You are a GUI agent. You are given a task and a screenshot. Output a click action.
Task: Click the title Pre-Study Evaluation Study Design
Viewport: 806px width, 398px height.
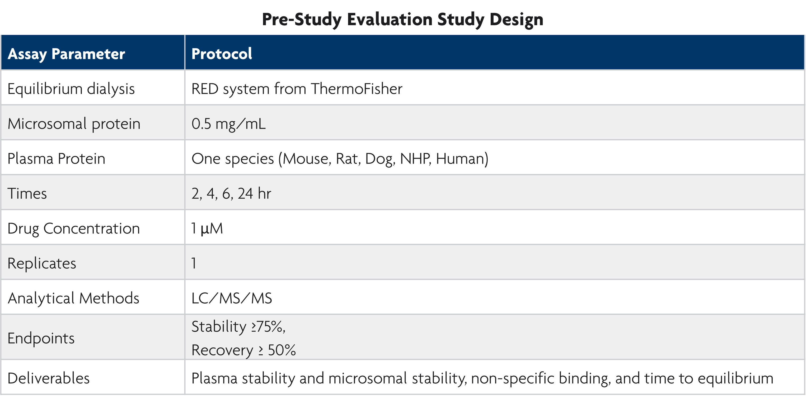tap(402, 19)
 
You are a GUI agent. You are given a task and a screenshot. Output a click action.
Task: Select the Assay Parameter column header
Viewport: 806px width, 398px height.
tap(66, 54)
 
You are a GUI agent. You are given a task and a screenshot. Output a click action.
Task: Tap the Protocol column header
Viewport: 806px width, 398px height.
tap(222, 54)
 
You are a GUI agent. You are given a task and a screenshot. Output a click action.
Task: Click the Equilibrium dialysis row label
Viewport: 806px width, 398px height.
tap(71, 89)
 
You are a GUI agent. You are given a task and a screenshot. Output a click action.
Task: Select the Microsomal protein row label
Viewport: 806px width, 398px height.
tap(74, 124)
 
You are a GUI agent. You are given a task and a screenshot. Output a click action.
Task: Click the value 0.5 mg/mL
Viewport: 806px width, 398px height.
tap(228, 124)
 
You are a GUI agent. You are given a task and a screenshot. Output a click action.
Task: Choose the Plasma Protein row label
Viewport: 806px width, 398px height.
tap(56, 159)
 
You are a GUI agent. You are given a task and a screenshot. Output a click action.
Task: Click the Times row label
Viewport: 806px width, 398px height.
tap(27, 193)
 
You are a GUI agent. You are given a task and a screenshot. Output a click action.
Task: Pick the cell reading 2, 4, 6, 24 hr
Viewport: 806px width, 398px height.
tap(231, 193)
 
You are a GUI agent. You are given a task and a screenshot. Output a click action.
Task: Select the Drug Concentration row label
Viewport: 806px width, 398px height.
tap(73, 228)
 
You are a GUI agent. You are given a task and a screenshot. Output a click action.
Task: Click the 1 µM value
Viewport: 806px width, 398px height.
tap(207, 228)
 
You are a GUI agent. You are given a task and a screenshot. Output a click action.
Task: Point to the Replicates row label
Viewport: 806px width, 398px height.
tap(42, 263)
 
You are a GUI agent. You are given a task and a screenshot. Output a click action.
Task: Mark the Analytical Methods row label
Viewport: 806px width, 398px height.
tap(73, 298)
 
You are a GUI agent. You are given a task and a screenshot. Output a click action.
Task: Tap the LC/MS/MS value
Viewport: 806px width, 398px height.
tap(232, 298)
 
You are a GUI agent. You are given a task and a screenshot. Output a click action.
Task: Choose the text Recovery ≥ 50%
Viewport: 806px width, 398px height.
tap(243, 350)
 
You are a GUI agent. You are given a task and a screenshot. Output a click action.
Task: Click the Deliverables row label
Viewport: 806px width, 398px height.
tap(49, 378)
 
